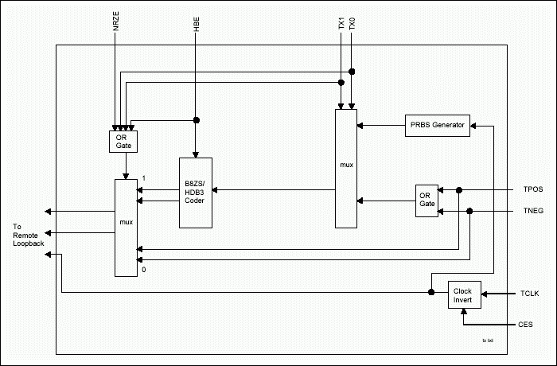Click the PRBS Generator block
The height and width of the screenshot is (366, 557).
coord(438,125)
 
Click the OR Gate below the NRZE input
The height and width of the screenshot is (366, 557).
coord(123,141)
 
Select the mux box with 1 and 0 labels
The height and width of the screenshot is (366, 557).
coord(125,228)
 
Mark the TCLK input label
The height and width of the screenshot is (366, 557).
coord(529,294)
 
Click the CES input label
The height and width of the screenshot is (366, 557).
coord(526,325)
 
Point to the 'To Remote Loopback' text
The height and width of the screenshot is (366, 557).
coord(23,235)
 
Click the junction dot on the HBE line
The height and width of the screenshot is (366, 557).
coord(196,121)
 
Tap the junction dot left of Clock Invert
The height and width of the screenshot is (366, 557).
coord(431,292)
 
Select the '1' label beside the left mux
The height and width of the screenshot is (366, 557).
coord(143,177)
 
